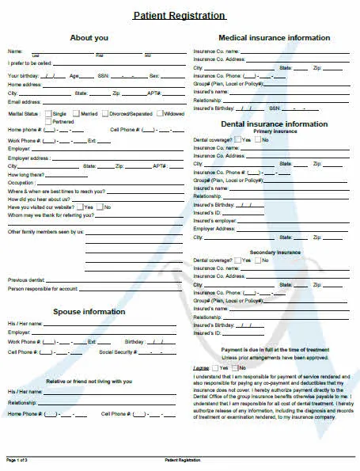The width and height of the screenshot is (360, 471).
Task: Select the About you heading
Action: pos(89,38)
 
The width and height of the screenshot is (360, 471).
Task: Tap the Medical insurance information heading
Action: pos(274,38)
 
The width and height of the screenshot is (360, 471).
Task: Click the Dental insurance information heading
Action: pos(274,124)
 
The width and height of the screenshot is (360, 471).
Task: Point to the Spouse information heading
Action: pos(89,311)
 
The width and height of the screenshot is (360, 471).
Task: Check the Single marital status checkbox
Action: pos(48,114)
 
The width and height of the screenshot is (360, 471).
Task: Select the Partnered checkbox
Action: pos(48,121)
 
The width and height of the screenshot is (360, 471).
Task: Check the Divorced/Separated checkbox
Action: pos(108,114)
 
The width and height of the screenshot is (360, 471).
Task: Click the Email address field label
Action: pos(24,102)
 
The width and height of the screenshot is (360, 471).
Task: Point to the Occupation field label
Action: pos(22,183)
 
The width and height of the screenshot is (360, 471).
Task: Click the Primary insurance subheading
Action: pos(275,131)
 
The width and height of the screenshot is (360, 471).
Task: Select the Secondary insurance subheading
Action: pos(275,252)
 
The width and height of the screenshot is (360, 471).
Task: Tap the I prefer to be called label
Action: pos(29,63)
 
